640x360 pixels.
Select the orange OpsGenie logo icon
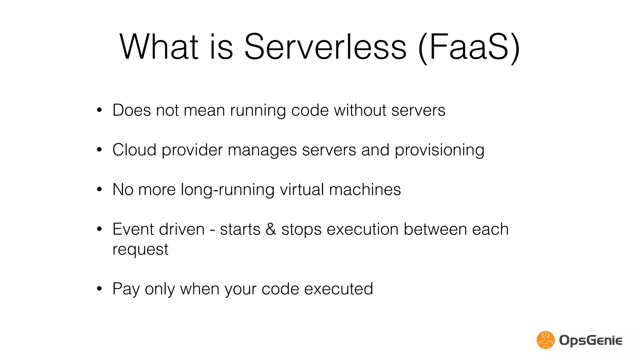point(545,340)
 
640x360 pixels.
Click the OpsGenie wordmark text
point(590,340)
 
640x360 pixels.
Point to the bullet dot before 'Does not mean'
point(99,110)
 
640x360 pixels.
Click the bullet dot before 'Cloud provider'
point(99,150)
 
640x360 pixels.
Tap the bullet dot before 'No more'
point(99,190)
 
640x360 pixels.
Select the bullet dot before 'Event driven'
point(99,229)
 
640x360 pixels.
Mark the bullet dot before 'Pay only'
point(99,289)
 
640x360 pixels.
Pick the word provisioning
point(439,150)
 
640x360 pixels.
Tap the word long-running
point(227,190)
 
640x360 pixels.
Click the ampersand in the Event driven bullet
point(271,229)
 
